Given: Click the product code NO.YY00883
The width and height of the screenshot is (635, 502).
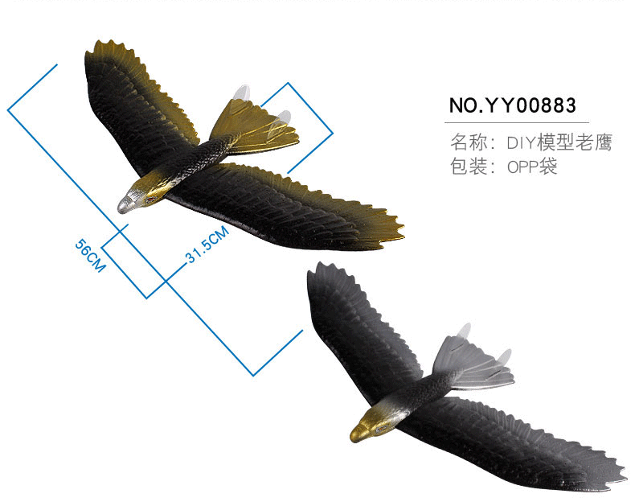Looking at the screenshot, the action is tap(512, 106).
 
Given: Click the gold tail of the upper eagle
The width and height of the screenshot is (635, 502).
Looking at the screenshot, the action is tap(256, 129).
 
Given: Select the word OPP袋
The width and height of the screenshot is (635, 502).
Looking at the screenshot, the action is tap(532, 167).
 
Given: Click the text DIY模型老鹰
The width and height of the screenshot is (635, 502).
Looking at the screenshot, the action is tap(559, 143).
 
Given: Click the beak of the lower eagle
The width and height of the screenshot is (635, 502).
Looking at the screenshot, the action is tap(354, 437).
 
